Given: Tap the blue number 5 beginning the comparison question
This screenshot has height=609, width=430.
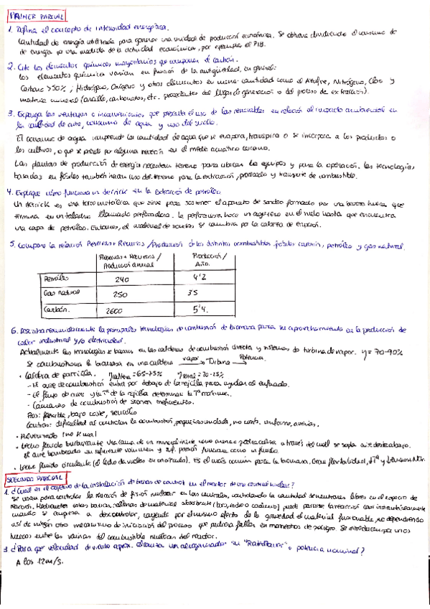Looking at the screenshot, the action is click(14, 246).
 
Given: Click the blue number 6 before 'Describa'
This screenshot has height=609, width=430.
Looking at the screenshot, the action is click(14, 331).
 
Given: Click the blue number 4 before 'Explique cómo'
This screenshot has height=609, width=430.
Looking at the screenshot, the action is click(9, 192).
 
